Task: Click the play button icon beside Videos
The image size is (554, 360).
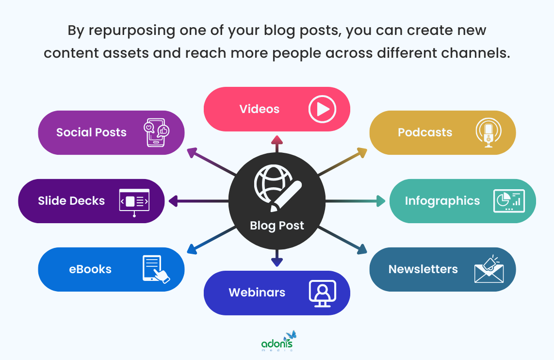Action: click(x=322, y=109)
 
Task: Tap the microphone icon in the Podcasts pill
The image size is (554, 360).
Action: click(x=489, y=132)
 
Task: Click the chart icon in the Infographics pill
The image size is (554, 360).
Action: click(x=509, y=201)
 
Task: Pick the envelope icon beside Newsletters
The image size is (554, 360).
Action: click(x=489, y=269)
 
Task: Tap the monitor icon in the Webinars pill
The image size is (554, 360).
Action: click(x=322, y=293)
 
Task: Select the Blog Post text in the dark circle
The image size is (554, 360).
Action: click(x=277, y=226)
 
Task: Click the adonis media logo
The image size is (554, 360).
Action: click(x=279, y=341)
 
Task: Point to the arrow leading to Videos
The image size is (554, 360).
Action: click(x=277, y=144)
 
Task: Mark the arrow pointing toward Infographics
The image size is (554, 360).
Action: click(x=355, y=201)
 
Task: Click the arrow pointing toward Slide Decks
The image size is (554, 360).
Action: click(x=198, y=201)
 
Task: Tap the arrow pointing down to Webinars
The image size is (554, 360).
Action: click(x=277, y=258)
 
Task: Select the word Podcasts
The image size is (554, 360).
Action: click(x=425, y=132)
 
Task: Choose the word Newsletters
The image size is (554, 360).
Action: click(x=423, y=269)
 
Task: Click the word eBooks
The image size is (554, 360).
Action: click(x=90, y=269)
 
